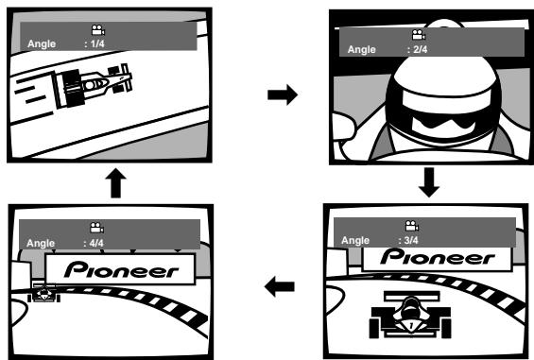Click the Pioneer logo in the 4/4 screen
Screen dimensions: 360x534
point(121,269)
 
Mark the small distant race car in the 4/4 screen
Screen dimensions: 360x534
point(43,292)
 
